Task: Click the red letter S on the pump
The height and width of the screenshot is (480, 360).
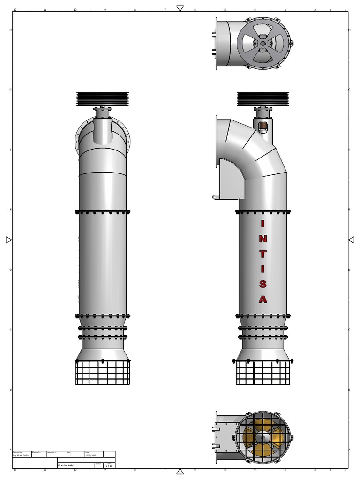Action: [x=263, y=284]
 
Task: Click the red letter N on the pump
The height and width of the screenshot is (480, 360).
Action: [x=263, y=238]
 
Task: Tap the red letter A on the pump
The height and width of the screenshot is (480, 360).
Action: [x=263, y=299]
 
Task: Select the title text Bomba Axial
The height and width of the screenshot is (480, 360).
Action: [x=66, y=465]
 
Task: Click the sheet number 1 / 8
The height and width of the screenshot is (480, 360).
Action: [x=108, y=466]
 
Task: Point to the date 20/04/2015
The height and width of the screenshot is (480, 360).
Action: [x=90, y=455]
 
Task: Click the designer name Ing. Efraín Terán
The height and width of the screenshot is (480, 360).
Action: [x=21, y=455]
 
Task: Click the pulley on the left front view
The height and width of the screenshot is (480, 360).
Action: [x=103, y=98]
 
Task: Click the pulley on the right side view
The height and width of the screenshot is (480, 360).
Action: [x=263, y=98]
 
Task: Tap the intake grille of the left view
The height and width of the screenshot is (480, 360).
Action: [x=103, y=373]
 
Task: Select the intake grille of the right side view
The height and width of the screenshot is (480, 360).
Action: [x=263, y=373]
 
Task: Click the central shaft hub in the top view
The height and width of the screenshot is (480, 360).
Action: [x=263, y=44]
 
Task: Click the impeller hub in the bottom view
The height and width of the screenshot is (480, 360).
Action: [x=263, y=437]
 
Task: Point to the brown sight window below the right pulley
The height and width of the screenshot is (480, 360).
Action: [x=263, y=126]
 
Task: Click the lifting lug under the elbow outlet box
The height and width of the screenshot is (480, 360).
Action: [x=215, y=197]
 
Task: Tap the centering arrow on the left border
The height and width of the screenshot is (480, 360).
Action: [x=8, y=240]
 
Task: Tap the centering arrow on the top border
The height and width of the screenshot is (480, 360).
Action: [x=180, y=7]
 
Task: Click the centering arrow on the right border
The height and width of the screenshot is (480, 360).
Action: [x=352, y=240]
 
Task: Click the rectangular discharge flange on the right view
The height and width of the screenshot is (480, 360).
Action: [x=217, y=141]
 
